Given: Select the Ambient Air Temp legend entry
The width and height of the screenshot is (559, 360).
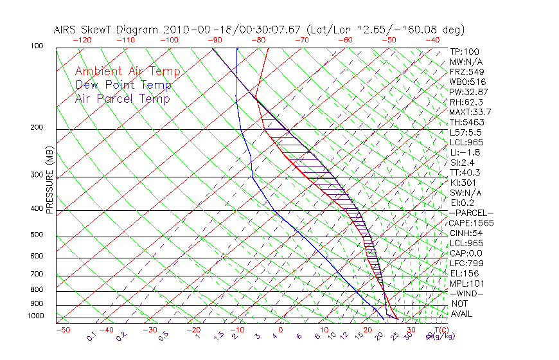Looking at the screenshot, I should pyautogui.click(x=127, y=71).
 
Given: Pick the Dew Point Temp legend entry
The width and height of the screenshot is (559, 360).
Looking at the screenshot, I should pyautogui.click(x=123, y=85).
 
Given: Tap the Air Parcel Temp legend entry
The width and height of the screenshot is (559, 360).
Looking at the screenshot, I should pyautogui.click(x=122, y=98).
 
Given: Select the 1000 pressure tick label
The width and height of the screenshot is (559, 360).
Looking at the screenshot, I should pyautogui.click(x=36, y=316).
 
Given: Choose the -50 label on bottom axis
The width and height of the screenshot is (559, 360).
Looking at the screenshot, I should pyautogui.click(x=62, y=330).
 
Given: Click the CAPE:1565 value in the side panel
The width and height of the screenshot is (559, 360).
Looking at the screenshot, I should pyautogui.click(x=467, y=223).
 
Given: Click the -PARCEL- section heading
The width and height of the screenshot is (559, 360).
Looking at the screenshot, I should pyautogui.click(x=471, y=213).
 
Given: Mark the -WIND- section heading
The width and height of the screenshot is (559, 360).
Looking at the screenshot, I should pyautogui.click(x=466, y=293).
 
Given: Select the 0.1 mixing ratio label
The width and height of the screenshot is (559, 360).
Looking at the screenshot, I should pyautogui.click(x=91, y=336).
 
